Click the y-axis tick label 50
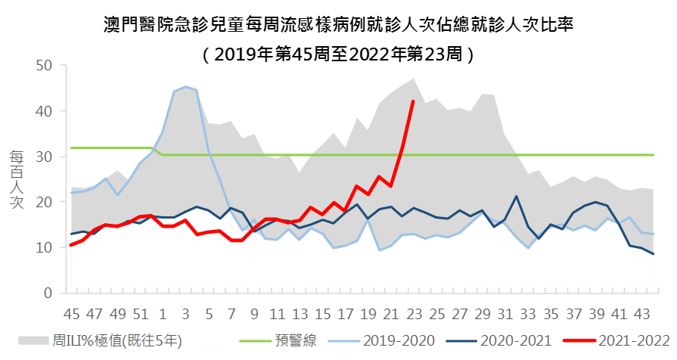[x=44, y=66]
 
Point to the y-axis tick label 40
[x=44, y=111]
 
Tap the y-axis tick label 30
[x=44, y=157]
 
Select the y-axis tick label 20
[x=44, y=202]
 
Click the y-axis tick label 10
[x=44, y=247]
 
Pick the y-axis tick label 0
[x=48, y=293]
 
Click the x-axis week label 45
[x=72, y=314]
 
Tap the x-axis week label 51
[x=141, y=314]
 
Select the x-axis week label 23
[x=414, y=314]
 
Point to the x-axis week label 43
[x=641, y=314]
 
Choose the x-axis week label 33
[x=528, y=314]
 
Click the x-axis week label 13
[x=300, y=314]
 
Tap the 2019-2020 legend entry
[x=381, y=341]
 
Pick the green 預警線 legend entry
[x=280, y=341]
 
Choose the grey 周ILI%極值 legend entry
[x=98, y=341]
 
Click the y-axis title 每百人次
[x=17, y=178]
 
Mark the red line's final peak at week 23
[x=413, y=101]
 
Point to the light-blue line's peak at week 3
[x=185, y=87]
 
